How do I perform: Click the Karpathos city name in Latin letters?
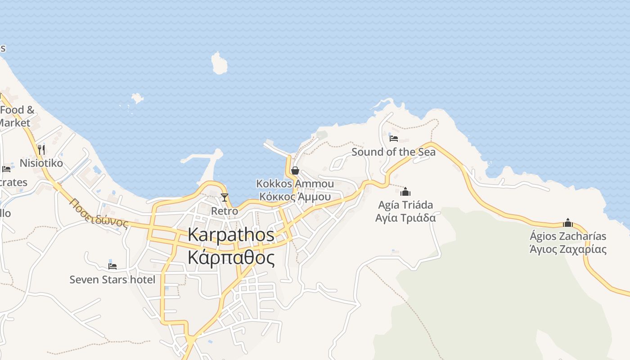click(x=231, y=235)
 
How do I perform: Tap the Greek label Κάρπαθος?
click(x=231, y=257)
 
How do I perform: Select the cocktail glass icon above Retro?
click(x=225, y=198)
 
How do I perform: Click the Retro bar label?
click(x=225, y=211)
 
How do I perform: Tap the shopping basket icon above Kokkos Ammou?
click(x=295, y=171)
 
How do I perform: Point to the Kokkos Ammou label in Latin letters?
click(x=295, y=184)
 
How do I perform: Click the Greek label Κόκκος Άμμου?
click(x=295, y=197)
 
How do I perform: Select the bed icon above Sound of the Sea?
click(x=394, y=138)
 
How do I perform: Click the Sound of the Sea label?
click(x=393, y=152)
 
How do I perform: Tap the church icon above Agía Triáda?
click(x=405, y=192)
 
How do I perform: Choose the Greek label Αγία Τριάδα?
click(x=406, y=218)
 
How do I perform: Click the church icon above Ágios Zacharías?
click(x=568, y=222)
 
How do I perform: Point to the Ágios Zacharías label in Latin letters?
click(x=568, y=236)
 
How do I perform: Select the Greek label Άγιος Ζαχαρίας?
click(x=568, y=249)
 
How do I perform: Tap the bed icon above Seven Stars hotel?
click(x=112, y=266)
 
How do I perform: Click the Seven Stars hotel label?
click(x=112, y=279)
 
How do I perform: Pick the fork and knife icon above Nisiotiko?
click(x=41, y=149)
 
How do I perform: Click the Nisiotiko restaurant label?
click(x=41, y=163)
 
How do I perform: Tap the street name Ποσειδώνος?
click(x=99, y=213)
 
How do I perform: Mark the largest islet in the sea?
click(x=220, y=63)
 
